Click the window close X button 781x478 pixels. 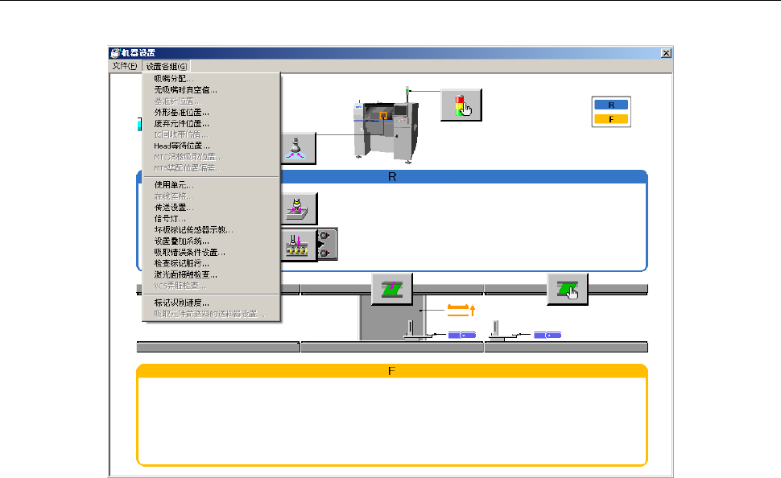coord(666,53)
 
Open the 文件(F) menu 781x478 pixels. coord(125,66)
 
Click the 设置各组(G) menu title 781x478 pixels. coord(167,66)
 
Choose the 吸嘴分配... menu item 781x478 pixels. coord(173,79)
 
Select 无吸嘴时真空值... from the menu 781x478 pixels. coord(185,90)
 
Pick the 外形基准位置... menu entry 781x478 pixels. coord(181,113)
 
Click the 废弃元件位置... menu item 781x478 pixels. coord(181,124)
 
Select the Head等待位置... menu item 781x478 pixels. coord(182,146)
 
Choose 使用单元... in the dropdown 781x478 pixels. coord(174,185)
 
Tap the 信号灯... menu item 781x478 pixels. coord(171,218)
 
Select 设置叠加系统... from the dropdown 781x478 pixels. coord(182,241)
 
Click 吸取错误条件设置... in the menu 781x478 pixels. coord(190,252)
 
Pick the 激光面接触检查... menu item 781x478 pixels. coord(186,274)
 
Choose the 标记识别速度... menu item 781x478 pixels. coord(182,303)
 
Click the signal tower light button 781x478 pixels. coord(461,105)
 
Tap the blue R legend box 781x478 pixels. coord(611,105)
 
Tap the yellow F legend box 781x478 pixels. coord(611,119)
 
